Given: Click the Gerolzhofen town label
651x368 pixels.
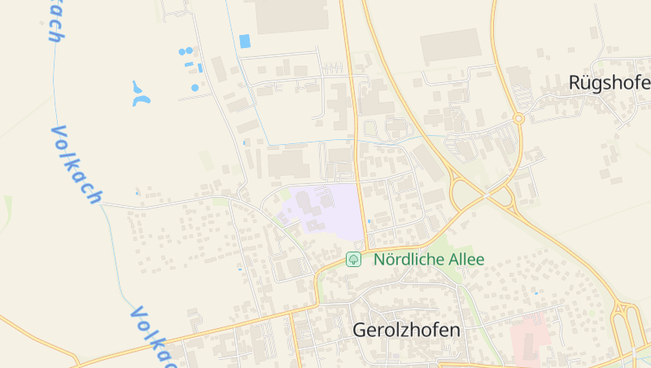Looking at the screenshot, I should [406, 331].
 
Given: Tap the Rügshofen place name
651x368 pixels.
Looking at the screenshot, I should [609, 83].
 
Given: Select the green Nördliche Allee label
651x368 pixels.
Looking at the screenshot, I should [429, 260].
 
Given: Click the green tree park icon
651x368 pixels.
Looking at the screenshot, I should [353, 260].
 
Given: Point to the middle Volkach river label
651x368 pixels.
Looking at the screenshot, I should [76, 164].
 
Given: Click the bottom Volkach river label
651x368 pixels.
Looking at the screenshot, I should [151, 336].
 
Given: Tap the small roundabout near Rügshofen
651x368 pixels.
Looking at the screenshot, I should [518, 119].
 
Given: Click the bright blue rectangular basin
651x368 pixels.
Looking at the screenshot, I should [245, 41].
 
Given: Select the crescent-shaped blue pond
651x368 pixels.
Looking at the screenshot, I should [141, 94].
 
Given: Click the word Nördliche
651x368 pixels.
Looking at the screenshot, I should [408, 260].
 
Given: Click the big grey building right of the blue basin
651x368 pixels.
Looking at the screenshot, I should [291, 15].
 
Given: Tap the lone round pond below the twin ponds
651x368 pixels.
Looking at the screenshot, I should [195, 87].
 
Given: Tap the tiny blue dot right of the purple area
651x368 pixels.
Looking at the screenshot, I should [369, 220].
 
